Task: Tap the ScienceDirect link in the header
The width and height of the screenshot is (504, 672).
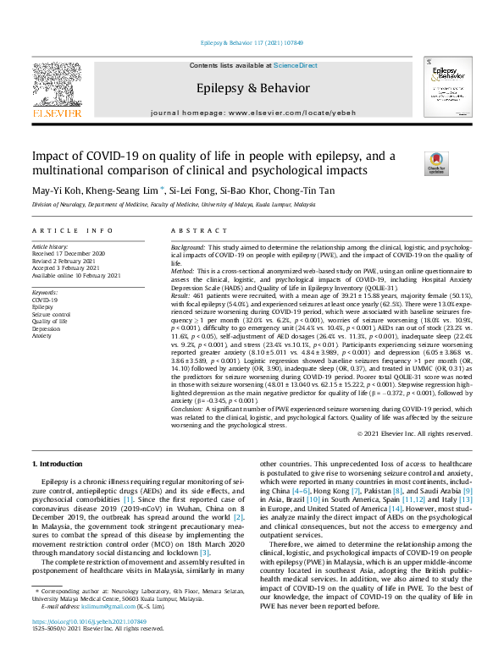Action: coord(295,65)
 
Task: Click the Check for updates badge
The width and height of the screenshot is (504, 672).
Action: coord(412,163)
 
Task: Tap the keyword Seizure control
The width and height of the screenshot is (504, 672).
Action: coord(51,314)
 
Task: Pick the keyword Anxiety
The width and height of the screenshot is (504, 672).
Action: coord(42,336)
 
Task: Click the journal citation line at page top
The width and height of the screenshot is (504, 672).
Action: coord(252,42)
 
